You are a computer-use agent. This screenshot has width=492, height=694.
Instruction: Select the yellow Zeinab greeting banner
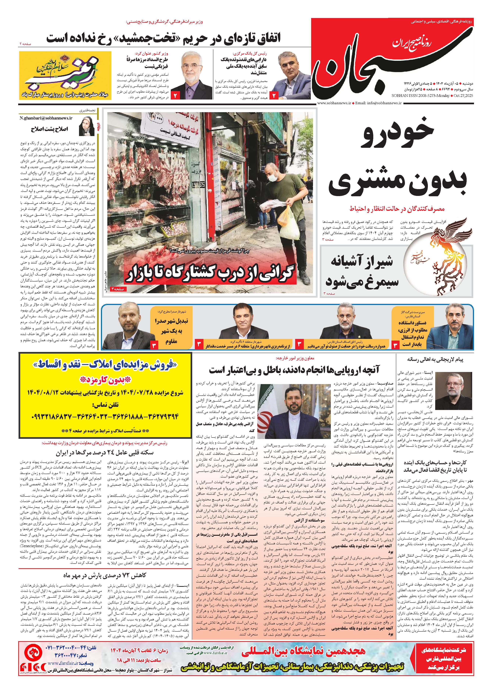(x=65, y=75)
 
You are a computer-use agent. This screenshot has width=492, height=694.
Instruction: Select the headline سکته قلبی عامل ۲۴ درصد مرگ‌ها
(x=105, y=453)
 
